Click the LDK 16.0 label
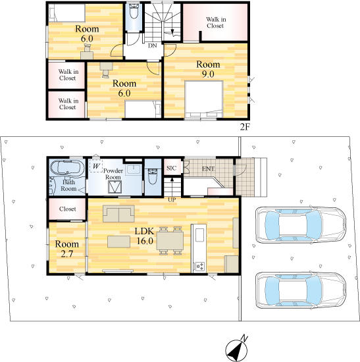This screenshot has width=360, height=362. tap(145, 236)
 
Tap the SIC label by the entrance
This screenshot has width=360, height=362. tap(171, 168)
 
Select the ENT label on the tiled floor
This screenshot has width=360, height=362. tap(208, 168)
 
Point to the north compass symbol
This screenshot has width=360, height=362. tap(236, 349)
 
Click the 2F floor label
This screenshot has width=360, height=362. tap(245, 127)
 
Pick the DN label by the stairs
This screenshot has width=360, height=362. tap(153, 45)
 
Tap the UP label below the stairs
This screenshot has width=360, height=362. tap(172, 200)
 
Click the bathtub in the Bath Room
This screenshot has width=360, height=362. tap(67, 168)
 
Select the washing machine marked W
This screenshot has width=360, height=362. tap(96, 165)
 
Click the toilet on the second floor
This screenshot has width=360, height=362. tap(134, 11)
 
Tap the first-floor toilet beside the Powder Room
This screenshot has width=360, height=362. tap(153, 176)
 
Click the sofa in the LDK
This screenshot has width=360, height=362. tap(118, 213)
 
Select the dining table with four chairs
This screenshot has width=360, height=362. tap(170, 240)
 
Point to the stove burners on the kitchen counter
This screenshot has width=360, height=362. tap(199, 267)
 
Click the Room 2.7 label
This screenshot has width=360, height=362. tap(66, 249)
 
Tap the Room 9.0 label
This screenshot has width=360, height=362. tap(208, 69)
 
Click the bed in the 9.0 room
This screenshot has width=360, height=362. tap(204, 99)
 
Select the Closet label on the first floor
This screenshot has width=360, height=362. tap(67, 209)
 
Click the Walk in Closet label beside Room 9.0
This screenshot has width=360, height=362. tap(216, 22)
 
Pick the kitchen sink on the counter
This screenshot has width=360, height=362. tap(199, 235)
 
